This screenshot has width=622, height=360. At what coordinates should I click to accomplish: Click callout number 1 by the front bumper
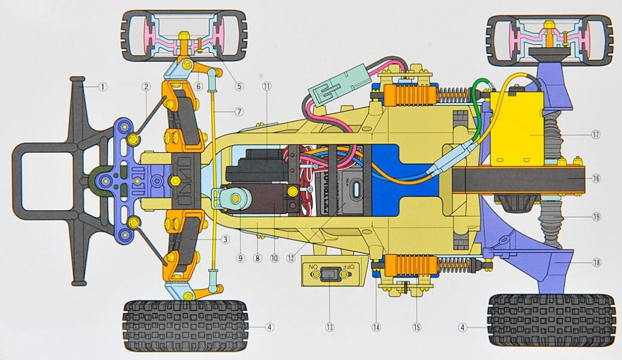(x=103, y=87)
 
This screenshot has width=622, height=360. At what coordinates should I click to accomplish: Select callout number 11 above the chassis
(x=266, y=87)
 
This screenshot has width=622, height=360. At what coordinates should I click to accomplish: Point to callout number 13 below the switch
(x=329, y=327)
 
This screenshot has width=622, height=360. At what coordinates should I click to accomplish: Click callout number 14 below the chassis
(x=376, y=327)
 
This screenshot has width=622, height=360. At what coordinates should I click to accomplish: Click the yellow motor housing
(x=516, y=131)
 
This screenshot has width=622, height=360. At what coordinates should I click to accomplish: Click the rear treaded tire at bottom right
(x=550, y=319)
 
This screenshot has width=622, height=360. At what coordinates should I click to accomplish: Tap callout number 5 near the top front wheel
(x=239, y=86)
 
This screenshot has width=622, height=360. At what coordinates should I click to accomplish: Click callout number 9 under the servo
(x=241, y=258)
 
